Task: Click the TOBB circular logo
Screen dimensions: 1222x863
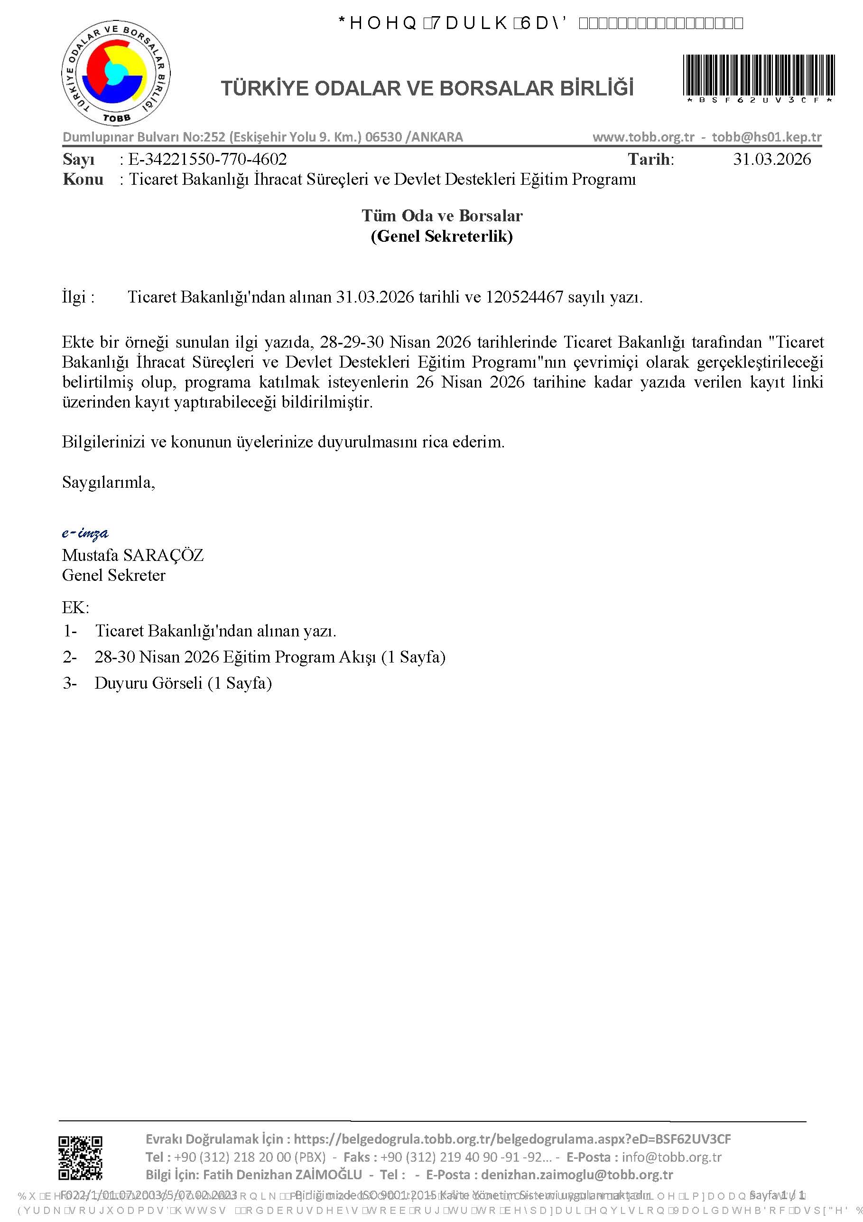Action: pyautogui.click(x=115, y=74)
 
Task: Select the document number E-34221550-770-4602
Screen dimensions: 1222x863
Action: pyautogui.click(x=207, y=159)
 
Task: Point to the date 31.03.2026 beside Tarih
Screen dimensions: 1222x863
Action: pyautogui.click(x=771, y=159)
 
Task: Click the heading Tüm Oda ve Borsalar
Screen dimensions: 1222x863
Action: pyautogui.click(x=442, y=216)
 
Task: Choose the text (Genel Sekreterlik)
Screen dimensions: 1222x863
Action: pyautogui.click(x=442, y=236)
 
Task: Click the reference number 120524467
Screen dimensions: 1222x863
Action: pyautogui.click(x=524, y=297)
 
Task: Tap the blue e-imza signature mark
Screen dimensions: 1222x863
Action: pyautogui.click(x=85, y=533)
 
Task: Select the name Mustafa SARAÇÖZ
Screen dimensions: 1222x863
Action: pyautogui.click(x=132, y=555)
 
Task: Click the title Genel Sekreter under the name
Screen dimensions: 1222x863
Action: pyautogui.click(x=113, y=575)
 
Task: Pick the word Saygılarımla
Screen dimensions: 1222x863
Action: pyautogui.click(x=108, y=482)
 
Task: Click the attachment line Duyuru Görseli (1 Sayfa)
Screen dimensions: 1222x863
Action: pyautogui.click(x=183, y=683)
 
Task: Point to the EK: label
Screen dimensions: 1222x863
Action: pyautogui.click(x=75, y=607)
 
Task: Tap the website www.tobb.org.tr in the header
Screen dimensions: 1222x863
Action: pyautogui.click(x=643, y=137)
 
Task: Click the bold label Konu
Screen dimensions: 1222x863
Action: pyautogui.click(x=83, y=180)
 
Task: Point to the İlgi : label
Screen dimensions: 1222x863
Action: pyautogui.click(x=78, y=297)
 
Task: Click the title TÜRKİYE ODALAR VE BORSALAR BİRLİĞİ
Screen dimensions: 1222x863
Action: pyautogui.click(x=427, y=88)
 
